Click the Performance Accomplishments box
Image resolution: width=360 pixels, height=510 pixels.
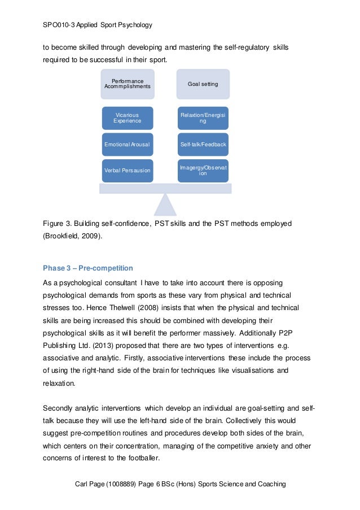(x=127, y=84)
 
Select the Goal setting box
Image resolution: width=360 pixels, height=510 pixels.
(x=203, y=84)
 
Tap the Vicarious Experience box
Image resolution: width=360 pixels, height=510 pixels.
(x=127, y=118)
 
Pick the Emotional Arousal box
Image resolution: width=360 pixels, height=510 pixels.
(x=127, y=145)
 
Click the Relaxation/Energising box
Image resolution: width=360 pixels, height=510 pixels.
(x=203, y=118)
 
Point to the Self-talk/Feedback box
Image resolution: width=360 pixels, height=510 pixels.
(x=203, y=145)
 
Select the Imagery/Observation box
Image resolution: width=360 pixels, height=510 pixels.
(x=203, y=171)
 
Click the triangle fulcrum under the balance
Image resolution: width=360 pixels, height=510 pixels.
(x=165, y=204)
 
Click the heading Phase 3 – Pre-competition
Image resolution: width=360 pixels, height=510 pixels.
(x=87, y=267)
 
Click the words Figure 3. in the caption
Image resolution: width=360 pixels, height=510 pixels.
(x=58, y=224)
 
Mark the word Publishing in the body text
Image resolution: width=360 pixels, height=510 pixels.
(x=62, y=345)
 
